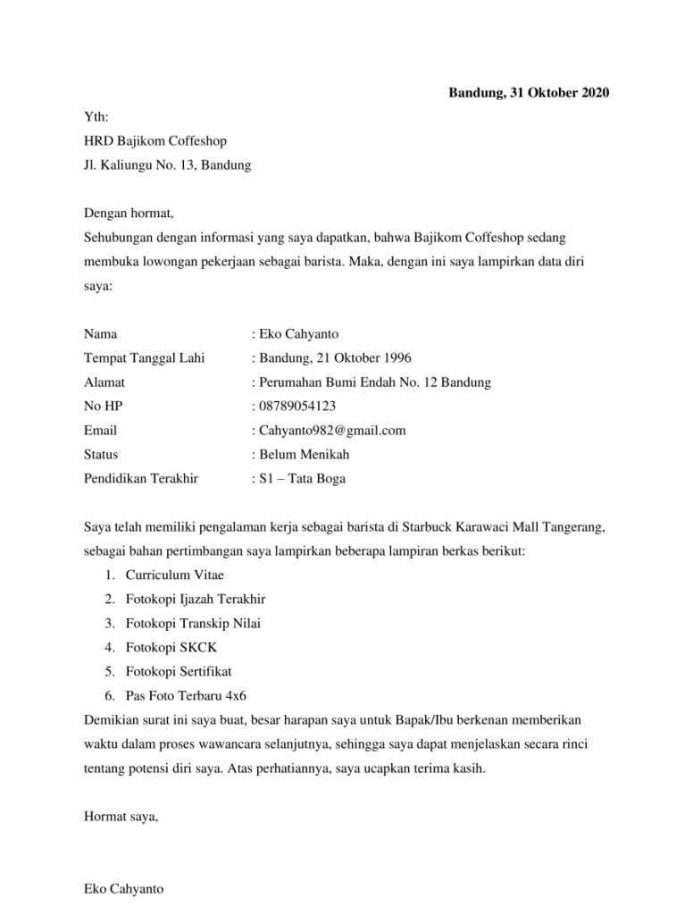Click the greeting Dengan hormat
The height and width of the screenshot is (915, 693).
coord(128,214)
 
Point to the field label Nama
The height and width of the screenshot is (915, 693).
coord(100,334)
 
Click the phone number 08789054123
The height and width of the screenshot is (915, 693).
coord(297,407)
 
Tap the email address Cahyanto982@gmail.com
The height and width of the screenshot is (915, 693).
coord(331,431)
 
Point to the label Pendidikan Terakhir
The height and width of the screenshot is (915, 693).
coord(141,479)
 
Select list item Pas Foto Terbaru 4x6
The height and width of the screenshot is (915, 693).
coord(186,695)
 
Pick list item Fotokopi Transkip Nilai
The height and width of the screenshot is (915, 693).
coord(193,624)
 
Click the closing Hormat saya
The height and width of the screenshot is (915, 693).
coord(121,816)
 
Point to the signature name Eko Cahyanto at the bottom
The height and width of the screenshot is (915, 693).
coord(123,889)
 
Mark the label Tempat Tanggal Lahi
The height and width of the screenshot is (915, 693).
coord(144,358)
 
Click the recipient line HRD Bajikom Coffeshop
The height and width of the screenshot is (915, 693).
coord(155,141)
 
